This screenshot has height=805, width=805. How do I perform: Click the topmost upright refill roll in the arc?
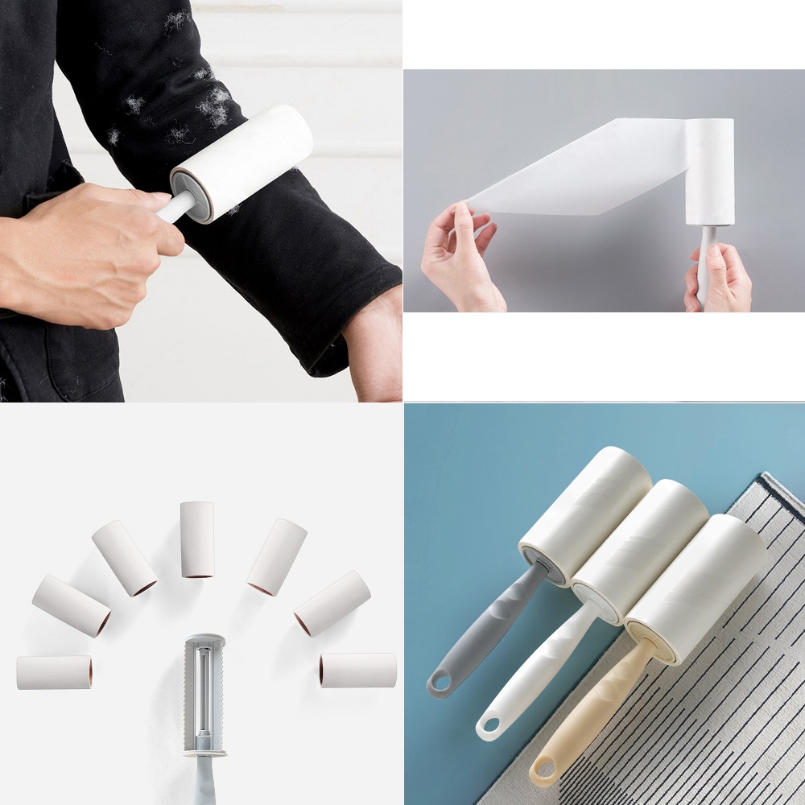(197, 539)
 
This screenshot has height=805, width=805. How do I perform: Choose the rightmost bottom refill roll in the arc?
(357, 670)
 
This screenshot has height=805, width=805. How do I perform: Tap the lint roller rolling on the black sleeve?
(242, 161)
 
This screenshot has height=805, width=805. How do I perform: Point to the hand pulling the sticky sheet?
(459, 258)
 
